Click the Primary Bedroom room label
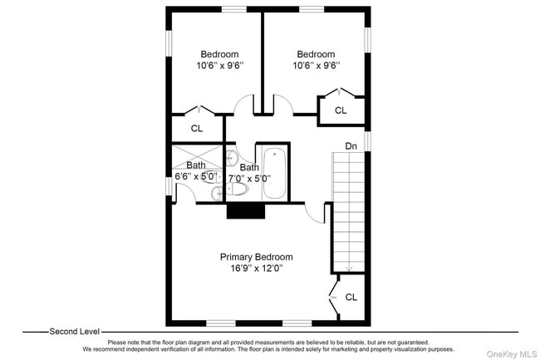click(256, 257)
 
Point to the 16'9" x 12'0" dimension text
click(257, 268)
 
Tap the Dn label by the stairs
click(351, 146)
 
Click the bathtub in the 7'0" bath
click(274, 173)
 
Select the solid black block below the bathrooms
click(246, 210)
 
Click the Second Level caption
click(75, 332)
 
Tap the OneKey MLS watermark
click(512, 354)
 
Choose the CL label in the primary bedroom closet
click(351, 297)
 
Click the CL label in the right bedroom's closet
click(341, 111)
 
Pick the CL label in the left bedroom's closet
click(197, 128)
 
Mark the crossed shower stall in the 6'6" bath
click(198, 157)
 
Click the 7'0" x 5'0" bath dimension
click(250, 179)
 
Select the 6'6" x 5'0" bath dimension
click(196, 176)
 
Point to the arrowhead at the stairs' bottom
click(349, 269)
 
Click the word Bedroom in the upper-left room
click(219, 54)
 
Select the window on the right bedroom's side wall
click(367, 40)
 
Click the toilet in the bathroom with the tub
click(236, 189)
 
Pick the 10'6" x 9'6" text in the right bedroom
click(317, 65)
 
